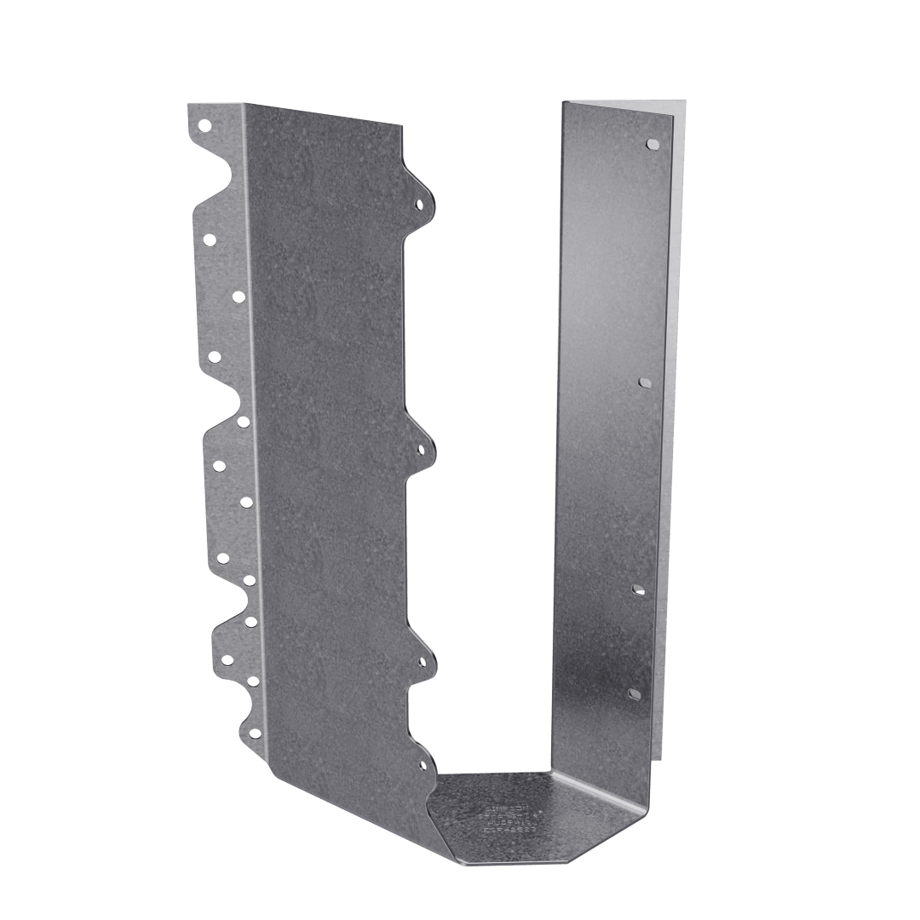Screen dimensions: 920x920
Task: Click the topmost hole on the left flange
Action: point(204,125)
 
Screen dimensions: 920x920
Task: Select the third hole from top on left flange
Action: point(238,296)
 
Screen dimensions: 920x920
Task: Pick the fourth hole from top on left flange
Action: point(214,355)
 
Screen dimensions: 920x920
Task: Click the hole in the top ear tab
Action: point(418,204)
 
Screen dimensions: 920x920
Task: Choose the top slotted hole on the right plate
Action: point(653,144)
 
